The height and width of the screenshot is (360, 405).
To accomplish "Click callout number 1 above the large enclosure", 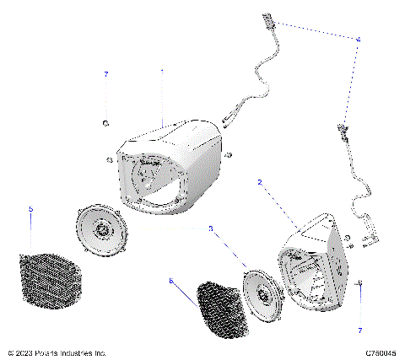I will pos(162,73).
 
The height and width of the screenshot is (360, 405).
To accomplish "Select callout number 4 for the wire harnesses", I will pos(358,40).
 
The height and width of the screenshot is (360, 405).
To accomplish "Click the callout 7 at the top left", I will pos(106,75).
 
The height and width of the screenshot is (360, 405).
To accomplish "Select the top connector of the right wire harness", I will pos(343,128).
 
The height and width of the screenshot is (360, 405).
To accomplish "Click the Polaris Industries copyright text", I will pos(57,352).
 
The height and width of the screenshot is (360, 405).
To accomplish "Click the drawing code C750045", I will pos(381,352).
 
